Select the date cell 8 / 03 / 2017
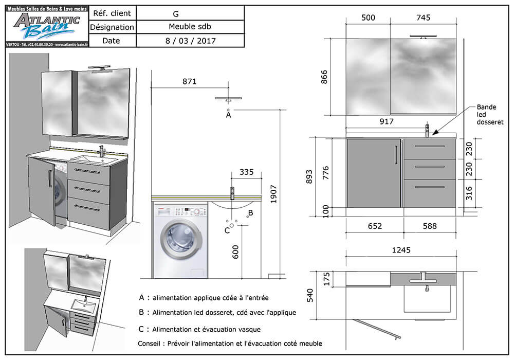coord(190,41)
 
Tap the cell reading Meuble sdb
coord(190,27)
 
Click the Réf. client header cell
coord(112,13)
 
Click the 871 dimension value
coord(189,81)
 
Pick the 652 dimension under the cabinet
coord(375,226)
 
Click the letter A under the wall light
coord(229,116)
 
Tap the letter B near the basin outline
coord(250,212)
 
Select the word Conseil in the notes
coord(150,343)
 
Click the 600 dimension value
coord(235,251)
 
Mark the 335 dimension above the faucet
coord(246,172)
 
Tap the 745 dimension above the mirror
coord(424,18)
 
